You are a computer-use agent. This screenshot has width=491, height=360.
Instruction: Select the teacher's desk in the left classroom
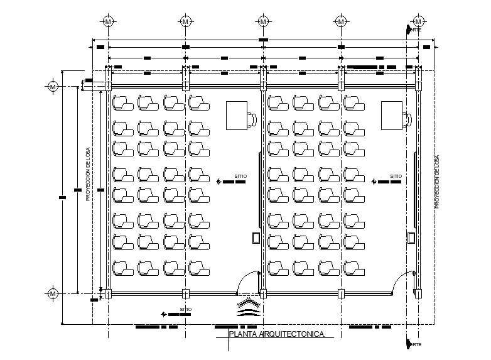click(238, 115)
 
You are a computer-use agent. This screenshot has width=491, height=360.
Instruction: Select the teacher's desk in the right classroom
click(392, 115)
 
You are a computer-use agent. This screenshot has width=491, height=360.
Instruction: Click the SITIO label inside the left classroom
click(239, 177)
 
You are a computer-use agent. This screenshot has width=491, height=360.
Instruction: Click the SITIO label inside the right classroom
click(395, 177)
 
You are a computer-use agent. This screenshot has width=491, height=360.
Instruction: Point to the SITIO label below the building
click(185, 309)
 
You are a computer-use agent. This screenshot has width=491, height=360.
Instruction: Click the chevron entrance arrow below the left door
click(248, 307)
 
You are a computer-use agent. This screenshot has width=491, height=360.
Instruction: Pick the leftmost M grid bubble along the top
click(109, 21)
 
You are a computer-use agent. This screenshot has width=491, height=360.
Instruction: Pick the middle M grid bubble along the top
click(263, 21)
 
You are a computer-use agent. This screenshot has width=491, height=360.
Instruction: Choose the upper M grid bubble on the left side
click(53, 85)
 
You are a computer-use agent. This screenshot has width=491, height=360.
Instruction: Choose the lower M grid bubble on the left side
click(53, 293)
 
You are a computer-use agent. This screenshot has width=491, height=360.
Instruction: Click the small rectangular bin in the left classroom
click(256, 237)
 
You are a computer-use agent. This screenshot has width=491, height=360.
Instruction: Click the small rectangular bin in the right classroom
click(411, 237)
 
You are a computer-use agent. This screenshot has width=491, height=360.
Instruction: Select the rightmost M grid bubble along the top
click(418, 21)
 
